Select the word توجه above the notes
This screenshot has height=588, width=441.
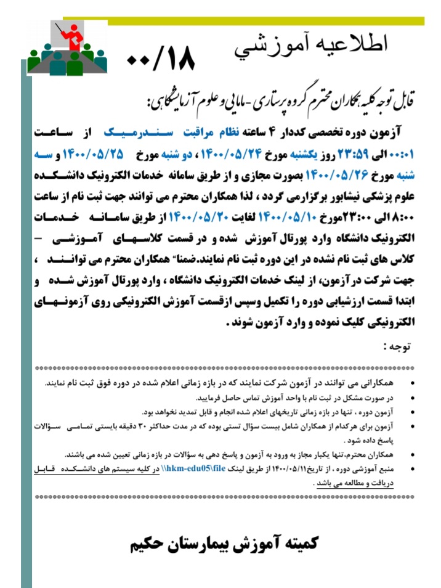396,346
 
